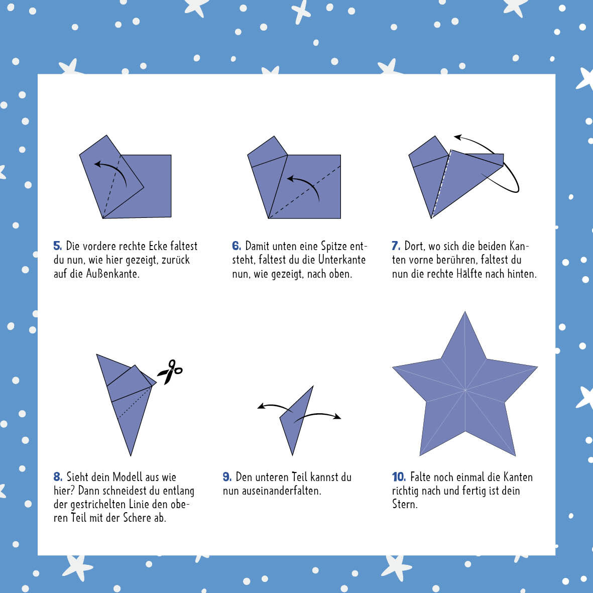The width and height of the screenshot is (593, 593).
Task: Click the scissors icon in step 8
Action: click(170, 372)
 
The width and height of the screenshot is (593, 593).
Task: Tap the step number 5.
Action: click(57, 246)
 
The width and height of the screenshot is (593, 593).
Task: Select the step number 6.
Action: click(236, 246)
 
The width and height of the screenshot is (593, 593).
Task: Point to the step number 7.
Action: click(396, 246)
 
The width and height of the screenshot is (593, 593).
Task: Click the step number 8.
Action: click(58, 477)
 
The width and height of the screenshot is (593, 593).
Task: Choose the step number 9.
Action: click(227, 477)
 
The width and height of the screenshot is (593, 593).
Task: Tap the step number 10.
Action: click(399, 477)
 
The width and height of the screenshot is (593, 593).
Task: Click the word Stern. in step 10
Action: click(405, 504)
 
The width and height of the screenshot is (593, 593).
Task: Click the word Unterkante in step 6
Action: click(342, 260)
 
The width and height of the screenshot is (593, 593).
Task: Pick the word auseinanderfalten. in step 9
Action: click(272, 491)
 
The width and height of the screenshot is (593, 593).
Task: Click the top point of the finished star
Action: click(465, 312)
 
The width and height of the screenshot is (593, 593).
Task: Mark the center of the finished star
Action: click(465, 390)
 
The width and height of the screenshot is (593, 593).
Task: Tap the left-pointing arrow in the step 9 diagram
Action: click(275, 407)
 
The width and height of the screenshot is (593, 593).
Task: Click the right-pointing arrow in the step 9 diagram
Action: click(318, 415)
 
